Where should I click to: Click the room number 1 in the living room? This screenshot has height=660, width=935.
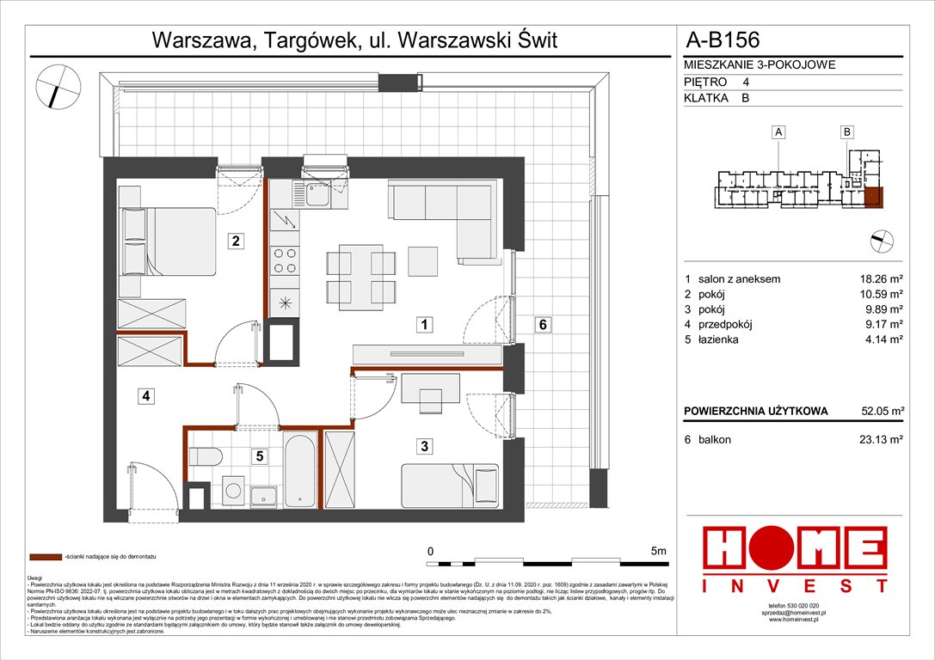(424, 325)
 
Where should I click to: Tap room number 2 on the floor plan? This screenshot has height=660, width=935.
(234, 241)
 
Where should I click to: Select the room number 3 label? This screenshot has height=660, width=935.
(424, 445)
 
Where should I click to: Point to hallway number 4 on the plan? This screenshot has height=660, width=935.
(147, 396)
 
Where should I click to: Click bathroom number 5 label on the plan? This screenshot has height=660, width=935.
(258, 457)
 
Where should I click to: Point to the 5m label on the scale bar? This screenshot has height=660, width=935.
(659, 551)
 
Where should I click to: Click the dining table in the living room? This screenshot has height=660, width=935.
(361, 274)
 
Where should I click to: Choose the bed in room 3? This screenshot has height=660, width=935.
(450, 486)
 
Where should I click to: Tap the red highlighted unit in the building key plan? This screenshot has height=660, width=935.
(873, 199)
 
